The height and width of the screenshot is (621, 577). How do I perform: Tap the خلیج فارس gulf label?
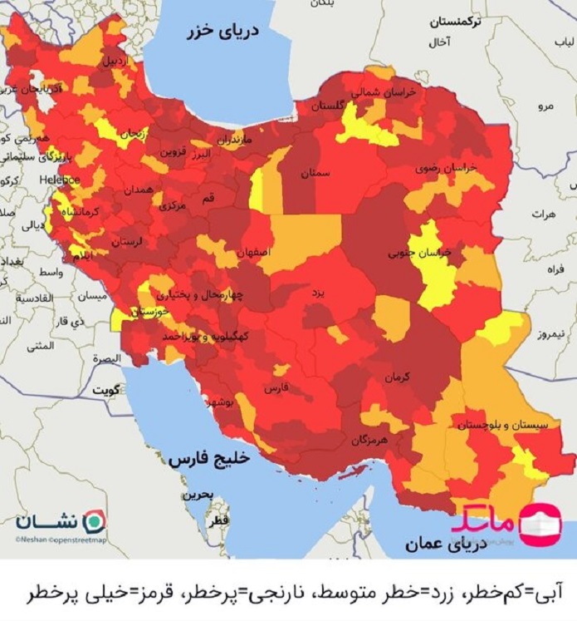(202, 458)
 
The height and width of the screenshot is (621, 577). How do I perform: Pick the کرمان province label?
(398, 377)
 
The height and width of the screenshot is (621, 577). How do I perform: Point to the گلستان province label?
(327, 106)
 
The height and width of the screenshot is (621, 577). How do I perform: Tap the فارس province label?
(276, 388)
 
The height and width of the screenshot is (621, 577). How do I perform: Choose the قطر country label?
(219, 519)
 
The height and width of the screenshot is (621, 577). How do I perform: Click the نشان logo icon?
(96, 520)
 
